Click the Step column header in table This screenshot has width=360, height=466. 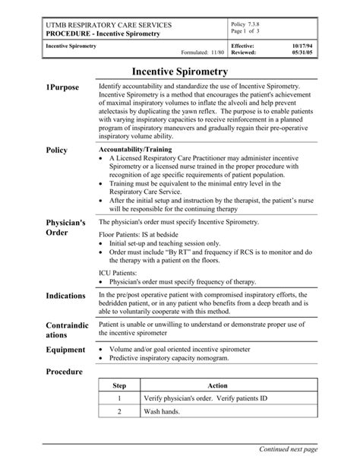119,386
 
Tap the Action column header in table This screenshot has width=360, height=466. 217,386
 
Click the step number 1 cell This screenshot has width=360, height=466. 119,399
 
